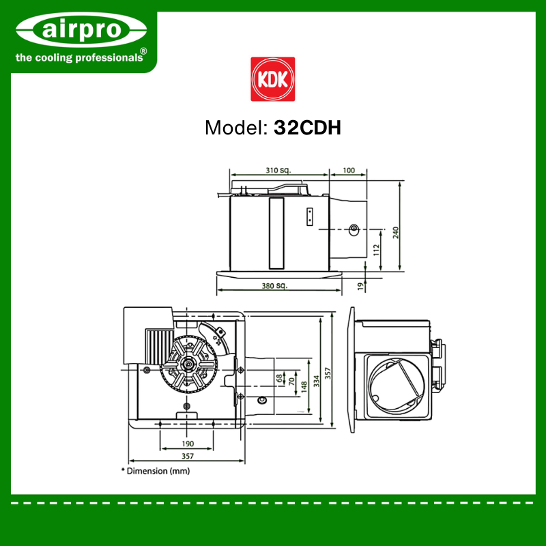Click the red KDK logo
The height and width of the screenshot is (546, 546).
pos(272,79)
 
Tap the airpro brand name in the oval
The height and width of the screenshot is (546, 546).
pos(81,29)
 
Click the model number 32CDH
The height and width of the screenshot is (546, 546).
pos(307,128)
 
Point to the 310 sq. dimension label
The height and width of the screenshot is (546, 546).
pos(278,170)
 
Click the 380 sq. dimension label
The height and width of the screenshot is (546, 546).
pos(275,286)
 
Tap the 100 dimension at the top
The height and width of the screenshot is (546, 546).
pos(349,170)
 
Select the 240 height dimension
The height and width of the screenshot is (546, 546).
pos(396,233)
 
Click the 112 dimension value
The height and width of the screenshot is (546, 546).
pos(376,250)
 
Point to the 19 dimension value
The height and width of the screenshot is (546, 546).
pos(361,287)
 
